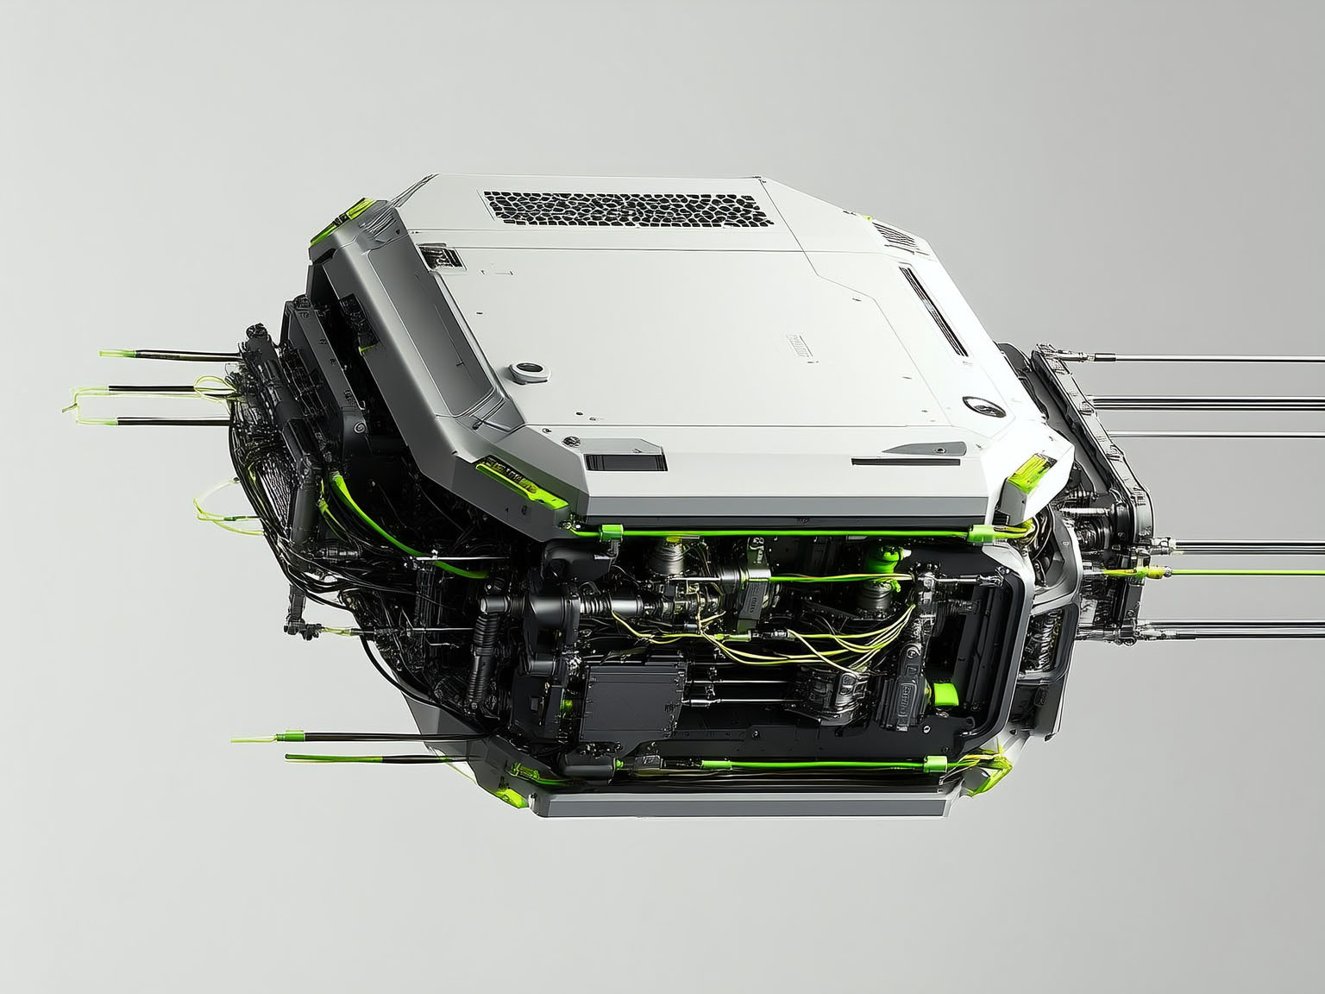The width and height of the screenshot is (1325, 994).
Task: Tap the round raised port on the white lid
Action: click(x=528, y=371)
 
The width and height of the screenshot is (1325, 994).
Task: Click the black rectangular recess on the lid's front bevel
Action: click(x=625, y=460)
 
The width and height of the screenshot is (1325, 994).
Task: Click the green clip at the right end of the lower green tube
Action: click(x=935, y=763)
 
